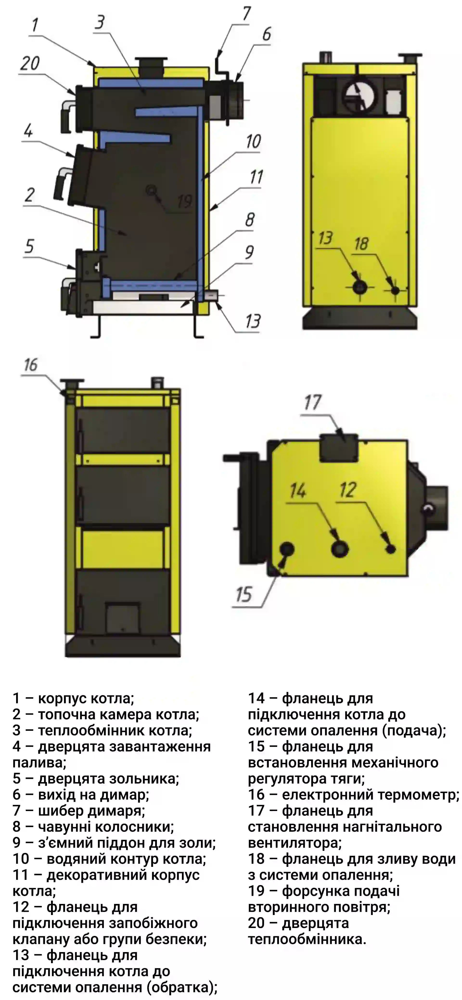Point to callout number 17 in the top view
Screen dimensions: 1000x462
coord(313,403)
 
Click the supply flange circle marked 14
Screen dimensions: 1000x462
coord(340,549)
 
